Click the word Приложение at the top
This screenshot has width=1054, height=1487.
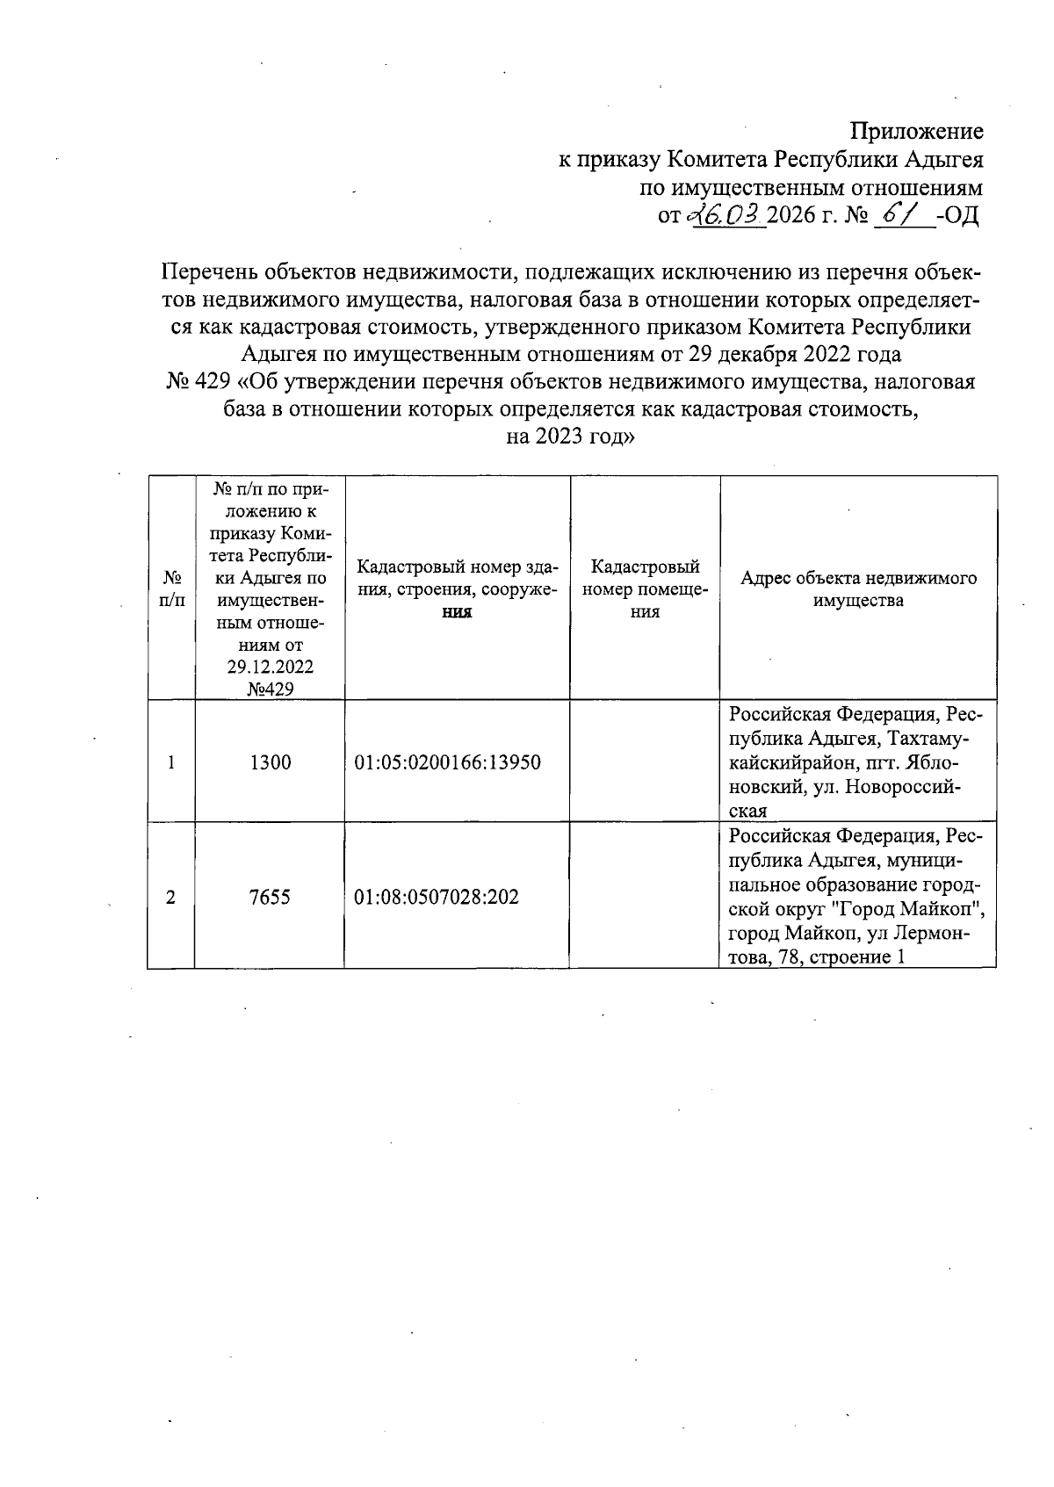coord(916,132)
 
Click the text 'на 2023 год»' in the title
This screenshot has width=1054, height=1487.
coord(570,437)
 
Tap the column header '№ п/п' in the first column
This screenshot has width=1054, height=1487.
coord(172,588)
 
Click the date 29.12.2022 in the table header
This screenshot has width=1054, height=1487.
coord(270,667)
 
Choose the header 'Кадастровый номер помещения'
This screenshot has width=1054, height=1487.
coord(645,588)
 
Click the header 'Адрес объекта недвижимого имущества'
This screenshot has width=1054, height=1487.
coord(857,589)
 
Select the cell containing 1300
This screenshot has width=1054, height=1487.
coord(270,762)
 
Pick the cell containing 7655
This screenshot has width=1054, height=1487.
coord(270,897)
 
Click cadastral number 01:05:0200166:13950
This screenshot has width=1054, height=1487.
coord(447,762)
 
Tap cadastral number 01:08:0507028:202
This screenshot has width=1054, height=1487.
coord(437,897)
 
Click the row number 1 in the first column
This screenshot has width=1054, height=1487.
coord(171,762)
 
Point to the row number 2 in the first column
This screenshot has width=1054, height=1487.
coord(171,897)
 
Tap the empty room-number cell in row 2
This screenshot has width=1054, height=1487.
coord(645,897)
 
